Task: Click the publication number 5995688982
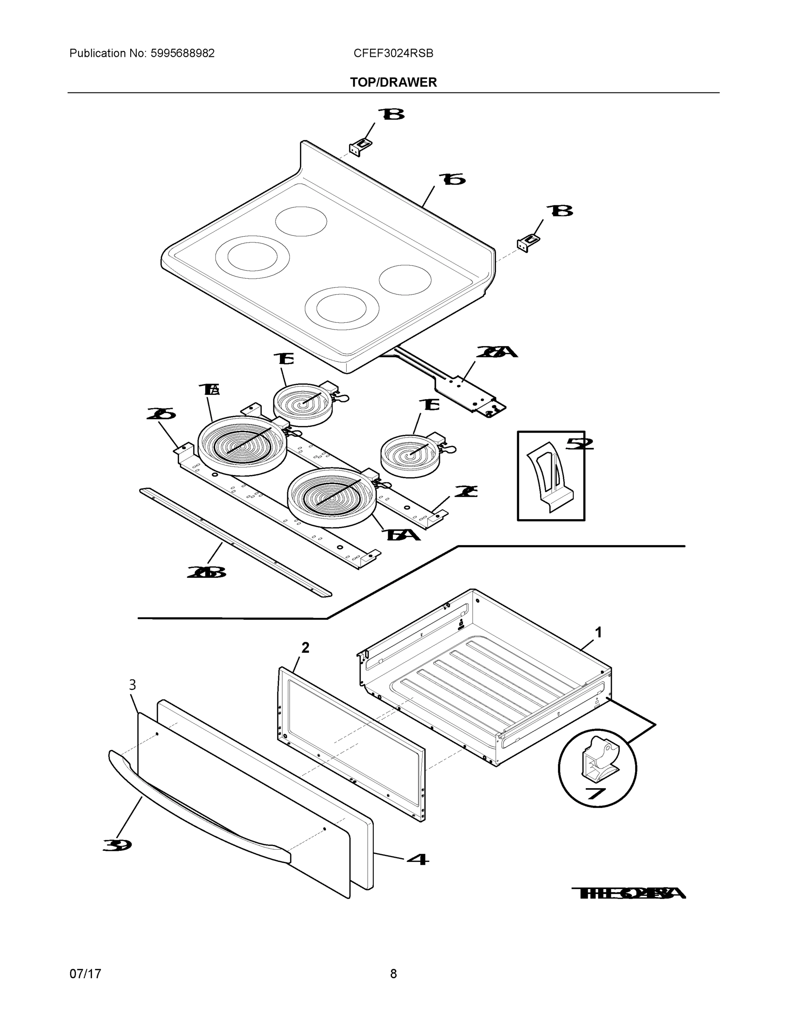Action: [x=182, y=53]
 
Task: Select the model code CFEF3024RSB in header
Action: [x=393, y=53]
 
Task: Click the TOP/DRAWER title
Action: [x=393, y=83]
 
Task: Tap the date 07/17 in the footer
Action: [x=85, y=974]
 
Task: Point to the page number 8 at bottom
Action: [x=393, y=974]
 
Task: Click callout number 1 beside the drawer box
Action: [x=599, y=632]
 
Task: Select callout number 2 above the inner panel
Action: [x=305, y=647]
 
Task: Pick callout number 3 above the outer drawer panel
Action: [x=132, y=685]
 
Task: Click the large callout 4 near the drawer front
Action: [x=418, y=859]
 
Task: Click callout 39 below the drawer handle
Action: [x=117, y=845]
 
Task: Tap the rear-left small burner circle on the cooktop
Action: [x=301, y=221]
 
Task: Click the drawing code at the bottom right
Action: [x=628, y=893]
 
